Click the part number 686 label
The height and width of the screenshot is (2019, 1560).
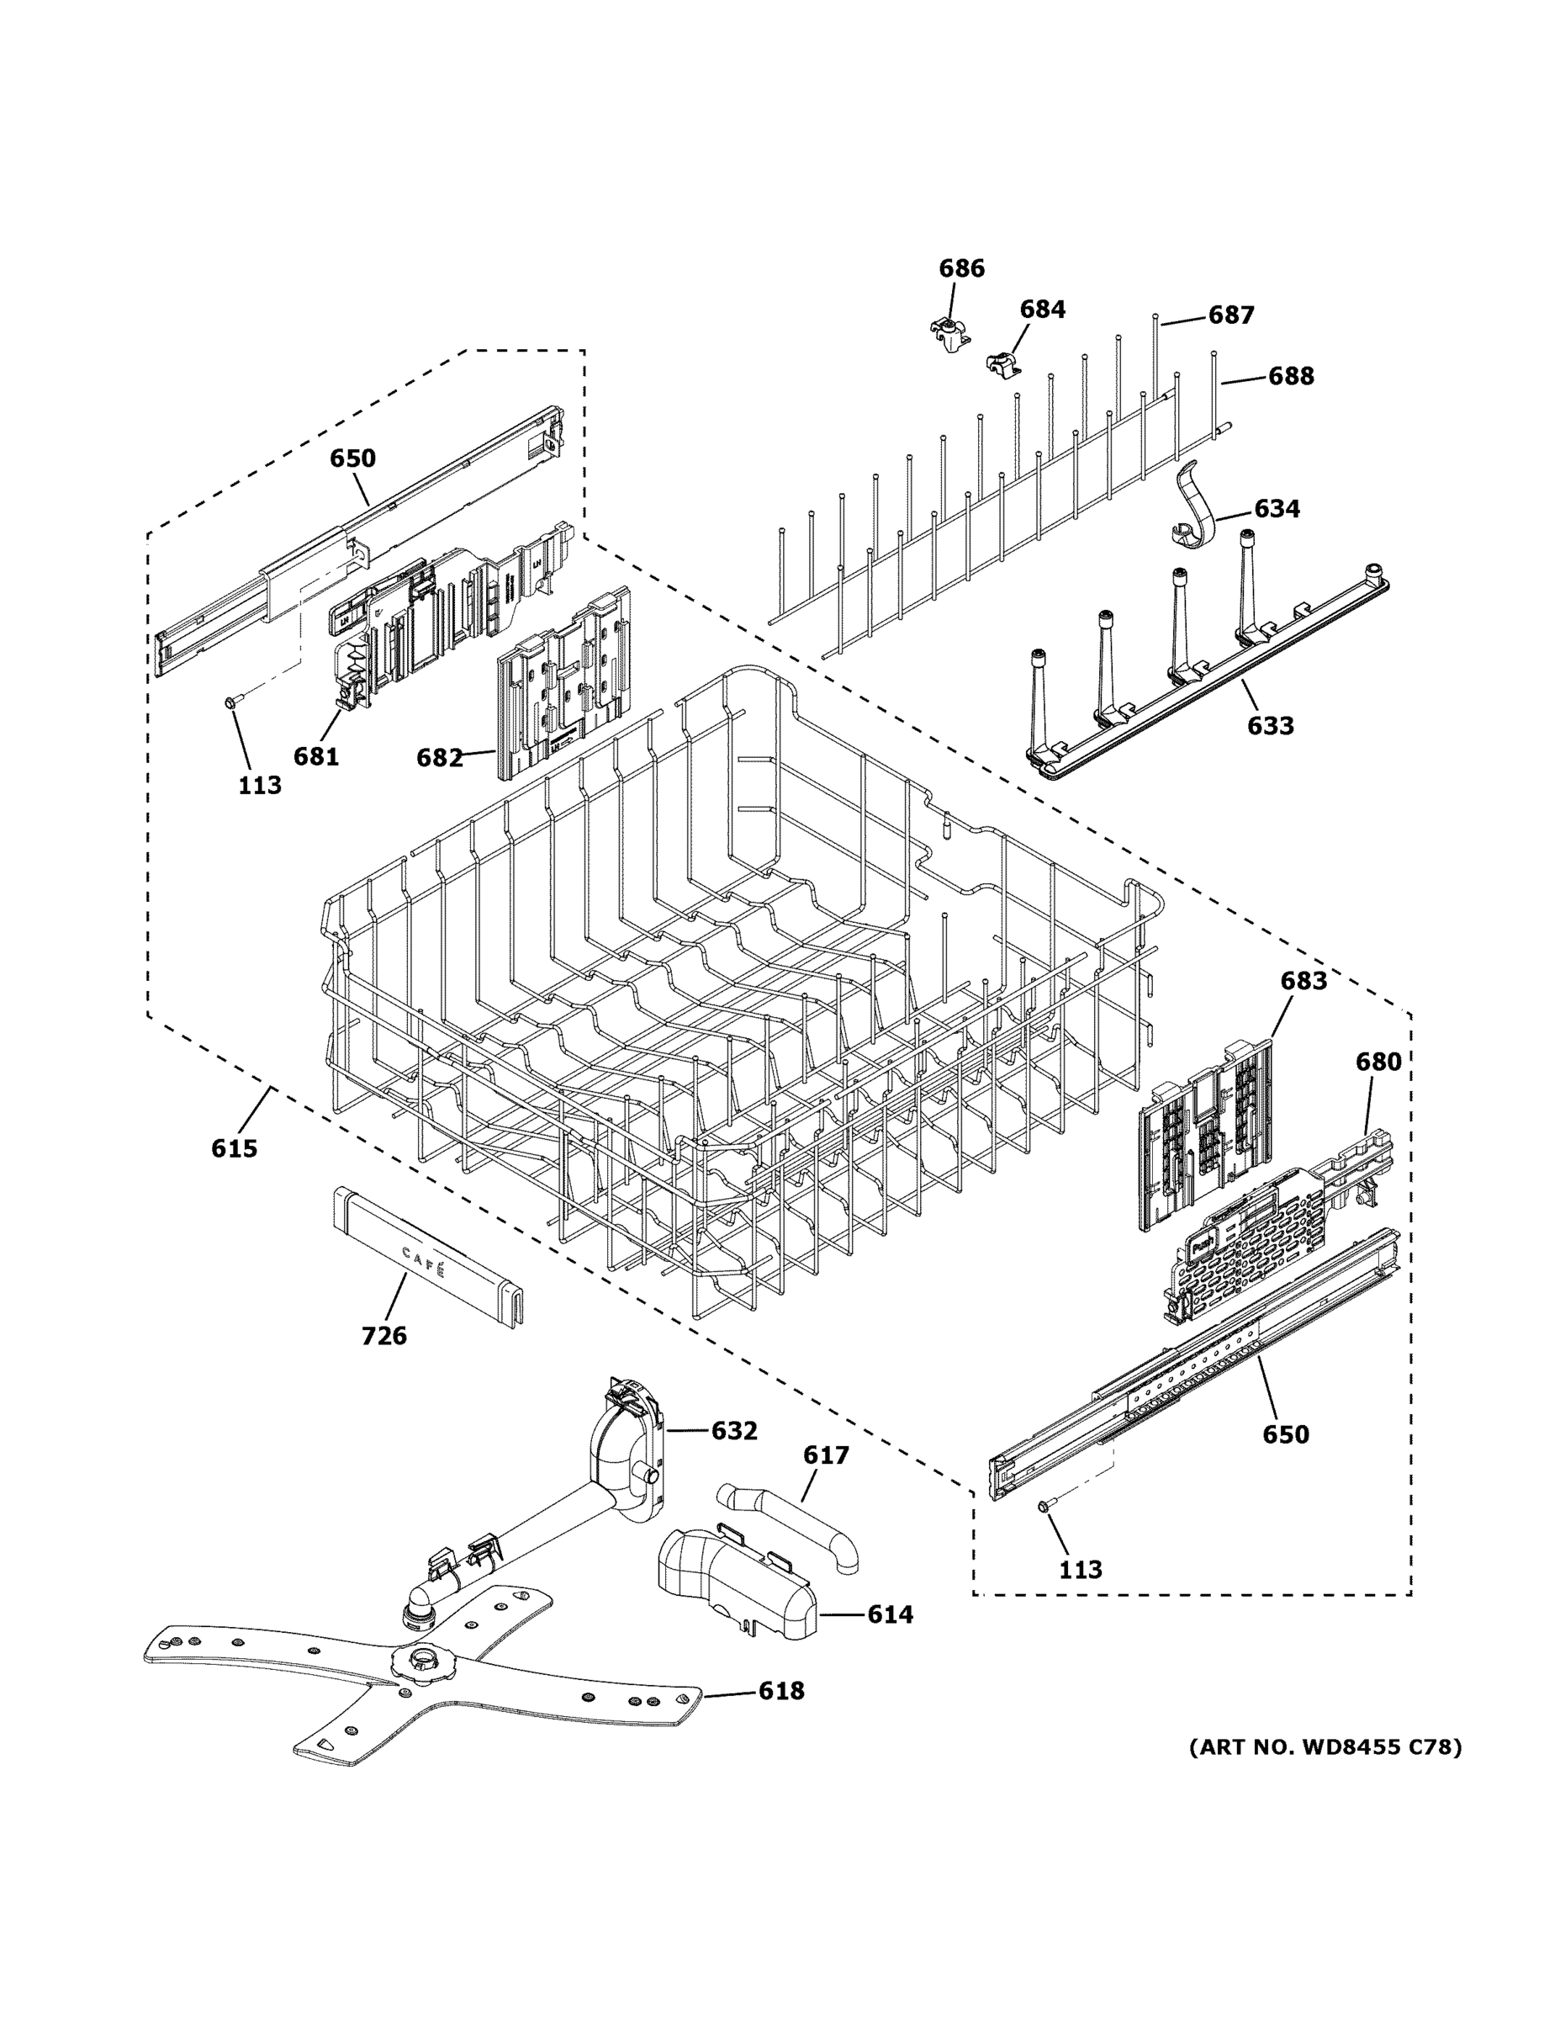tap(961, 268)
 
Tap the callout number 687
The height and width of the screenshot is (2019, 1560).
tap(1231, 315)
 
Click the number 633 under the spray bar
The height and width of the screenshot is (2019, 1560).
tap(1270, 726)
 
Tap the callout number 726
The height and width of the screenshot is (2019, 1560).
tap(383, 1335)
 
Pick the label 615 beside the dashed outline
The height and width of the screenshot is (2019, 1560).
tap(234, 1148)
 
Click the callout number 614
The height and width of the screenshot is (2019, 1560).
tap(889, 1614)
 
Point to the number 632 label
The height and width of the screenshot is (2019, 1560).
tap(734, 1430)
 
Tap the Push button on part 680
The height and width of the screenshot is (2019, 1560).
tap(1202, 1244)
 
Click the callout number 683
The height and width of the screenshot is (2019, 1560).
tap(1303, 980)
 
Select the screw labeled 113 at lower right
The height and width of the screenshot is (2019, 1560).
tap(1044, 1507)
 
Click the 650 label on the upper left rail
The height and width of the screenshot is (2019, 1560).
tap(353, 458)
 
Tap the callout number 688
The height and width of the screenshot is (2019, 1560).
tap(1290, 375)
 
